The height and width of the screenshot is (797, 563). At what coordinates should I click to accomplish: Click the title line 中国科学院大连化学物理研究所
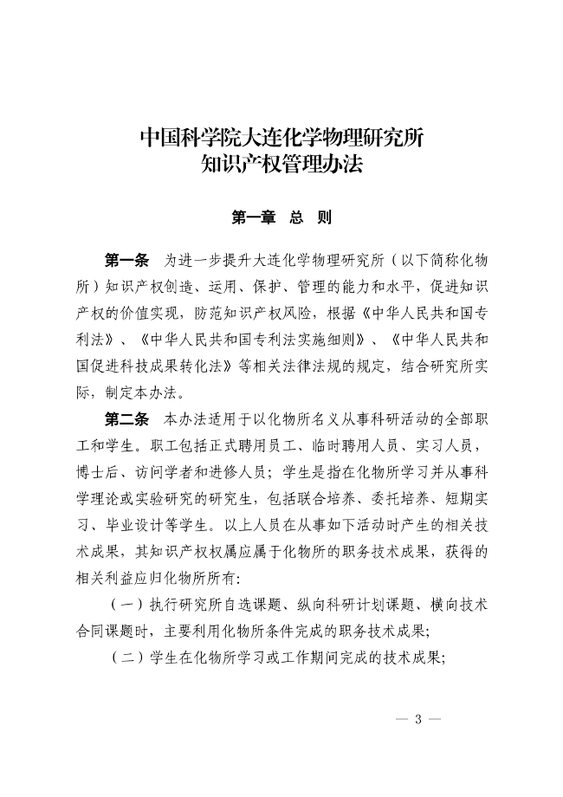click(281, 137)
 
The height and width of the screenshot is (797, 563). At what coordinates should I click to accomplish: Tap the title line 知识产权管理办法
click(281, 162)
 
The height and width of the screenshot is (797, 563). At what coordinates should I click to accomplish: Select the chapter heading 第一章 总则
click(281, 217)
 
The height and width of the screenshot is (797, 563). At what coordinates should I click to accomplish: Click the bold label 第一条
click(126, 261)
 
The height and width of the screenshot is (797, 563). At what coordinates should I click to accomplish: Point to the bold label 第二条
click(126, 419)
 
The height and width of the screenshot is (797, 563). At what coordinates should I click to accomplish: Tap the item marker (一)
click(126, 603)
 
